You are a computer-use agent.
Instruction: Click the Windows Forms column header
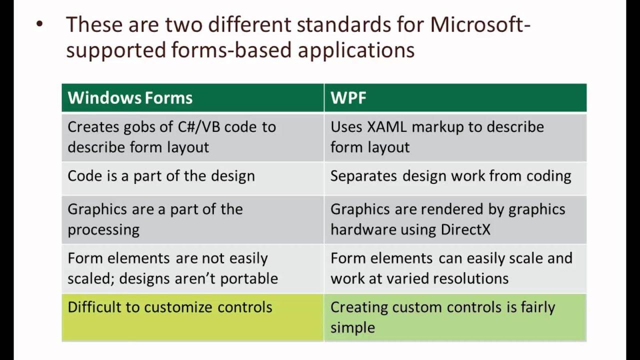(130, 97)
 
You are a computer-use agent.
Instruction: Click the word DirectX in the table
(466, 229)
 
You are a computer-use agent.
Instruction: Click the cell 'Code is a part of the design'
(161, 176)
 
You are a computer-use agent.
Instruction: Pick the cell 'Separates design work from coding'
(450, 176)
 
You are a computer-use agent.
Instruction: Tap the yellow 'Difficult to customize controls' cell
(170, 307)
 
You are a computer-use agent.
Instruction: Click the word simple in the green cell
(352, 327)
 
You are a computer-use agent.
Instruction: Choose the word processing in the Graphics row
(103, 230)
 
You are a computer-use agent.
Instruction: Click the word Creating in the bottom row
(359, 307)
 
